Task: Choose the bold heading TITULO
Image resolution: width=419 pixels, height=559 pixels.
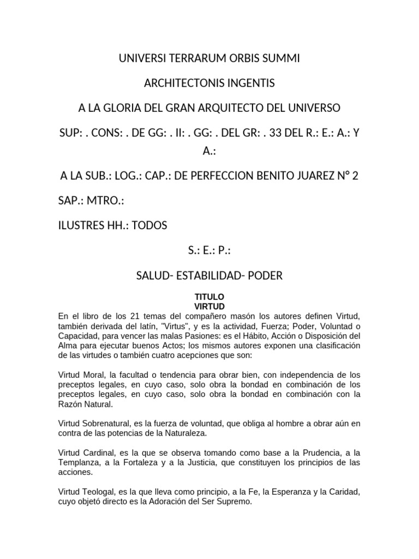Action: [209, 296]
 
